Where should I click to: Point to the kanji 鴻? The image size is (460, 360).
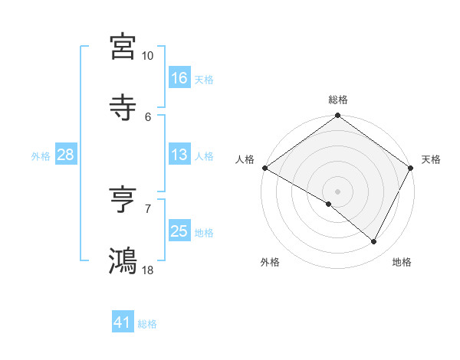point(123,260)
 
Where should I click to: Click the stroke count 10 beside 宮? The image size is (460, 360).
point(148,56)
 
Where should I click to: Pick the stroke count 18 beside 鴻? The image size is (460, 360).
point(148,270)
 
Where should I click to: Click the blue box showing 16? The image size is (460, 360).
point(179,77)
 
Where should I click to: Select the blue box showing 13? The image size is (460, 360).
point(179,155)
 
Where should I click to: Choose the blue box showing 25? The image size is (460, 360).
point(179,231)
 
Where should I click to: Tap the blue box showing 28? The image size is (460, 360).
point(66,155)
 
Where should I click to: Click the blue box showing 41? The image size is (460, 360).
point(123,322)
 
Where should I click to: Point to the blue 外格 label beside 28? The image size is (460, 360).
point(41,155)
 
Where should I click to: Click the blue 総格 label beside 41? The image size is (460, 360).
point(147,324)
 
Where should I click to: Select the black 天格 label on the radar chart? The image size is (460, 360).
point(431,159)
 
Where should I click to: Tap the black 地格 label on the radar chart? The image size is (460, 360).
point(402,262)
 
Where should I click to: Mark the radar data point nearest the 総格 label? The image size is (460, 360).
point(337,116)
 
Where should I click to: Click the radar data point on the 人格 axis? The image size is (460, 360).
point(264,168)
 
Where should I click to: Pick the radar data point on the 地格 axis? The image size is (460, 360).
point(374,242)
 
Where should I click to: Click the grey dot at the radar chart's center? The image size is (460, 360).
point(337,191)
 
